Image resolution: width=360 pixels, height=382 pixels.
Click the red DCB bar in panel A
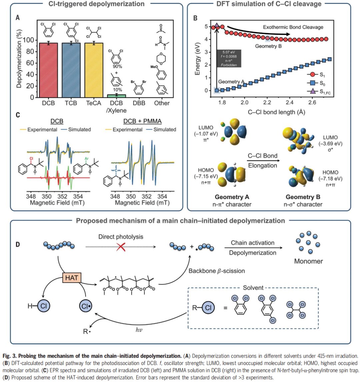click(49, 70)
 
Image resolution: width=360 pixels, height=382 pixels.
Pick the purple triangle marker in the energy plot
click(217, 25)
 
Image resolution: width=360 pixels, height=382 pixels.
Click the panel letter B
click(195, 17)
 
